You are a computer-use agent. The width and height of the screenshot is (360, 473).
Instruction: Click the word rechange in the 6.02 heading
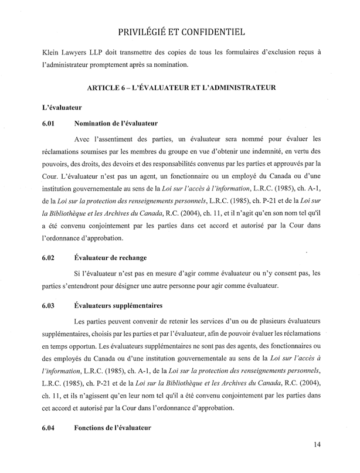pyautogui.click(x=133, y=257)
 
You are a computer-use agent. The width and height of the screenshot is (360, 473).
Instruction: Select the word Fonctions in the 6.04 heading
pyautogui.click(x=93, y=428)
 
